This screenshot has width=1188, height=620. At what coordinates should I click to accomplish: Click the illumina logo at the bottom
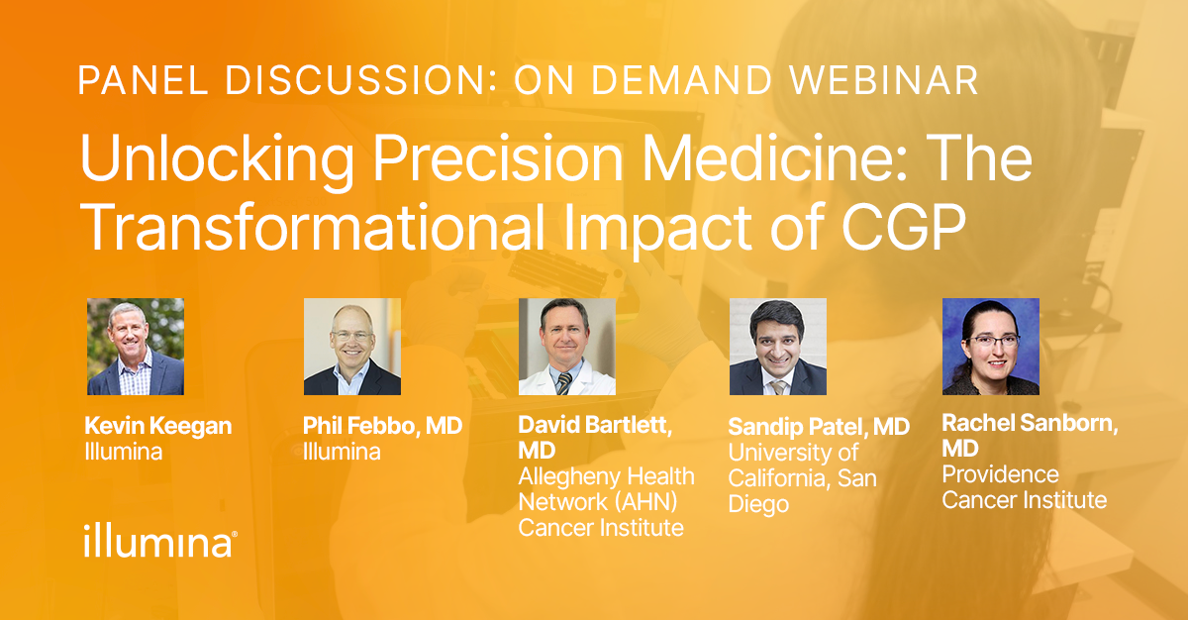click(159, 541)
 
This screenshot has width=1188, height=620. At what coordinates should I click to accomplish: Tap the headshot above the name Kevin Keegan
click(136, 347)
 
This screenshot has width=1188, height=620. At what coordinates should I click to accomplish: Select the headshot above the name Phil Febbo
click(352, 347)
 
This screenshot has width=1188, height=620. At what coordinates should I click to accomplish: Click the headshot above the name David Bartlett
click(567, 347)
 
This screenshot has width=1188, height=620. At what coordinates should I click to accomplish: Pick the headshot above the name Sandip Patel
click(778, 347)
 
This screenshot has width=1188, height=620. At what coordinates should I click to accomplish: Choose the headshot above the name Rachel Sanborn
click(991, 347)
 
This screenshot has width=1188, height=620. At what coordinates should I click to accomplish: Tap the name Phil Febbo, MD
click(382, 425)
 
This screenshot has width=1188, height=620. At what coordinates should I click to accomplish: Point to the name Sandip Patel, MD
click(819, 427)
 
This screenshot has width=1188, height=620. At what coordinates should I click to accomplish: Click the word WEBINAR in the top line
click(883, 80)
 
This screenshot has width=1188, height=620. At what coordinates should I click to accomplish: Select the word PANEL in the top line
click(144, 80)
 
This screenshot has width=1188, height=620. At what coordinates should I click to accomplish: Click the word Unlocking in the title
click(217, 158)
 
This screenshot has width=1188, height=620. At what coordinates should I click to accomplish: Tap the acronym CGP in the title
click(904, 227)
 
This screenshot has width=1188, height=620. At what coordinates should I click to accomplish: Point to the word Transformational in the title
click(313, 227)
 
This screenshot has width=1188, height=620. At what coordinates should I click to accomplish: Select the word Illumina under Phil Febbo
click(342, 452)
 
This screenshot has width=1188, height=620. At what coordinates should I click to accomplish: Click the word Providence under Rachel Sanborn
click(1000, 474)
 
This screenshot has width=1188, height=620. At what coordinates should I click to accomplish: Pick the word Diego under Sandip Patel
click(758, 504)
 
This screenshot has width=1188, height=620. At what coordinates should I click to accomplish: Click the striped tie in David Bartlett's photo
click(563, 383)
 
